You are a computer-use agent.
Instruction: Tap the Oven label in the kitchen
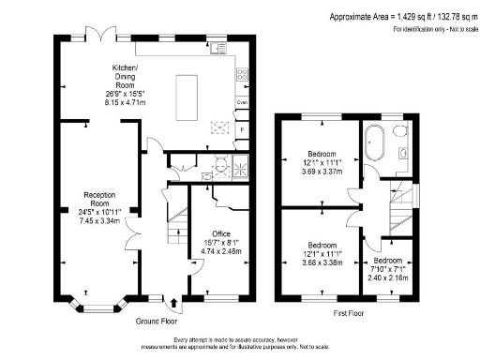[242, 101]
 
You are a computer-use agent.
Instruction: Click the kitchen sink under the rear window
[217, 47]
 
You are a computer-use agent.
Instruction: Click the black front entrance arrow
[175, 303]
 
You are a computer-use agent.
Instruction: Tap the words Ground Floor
[157, 321]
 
